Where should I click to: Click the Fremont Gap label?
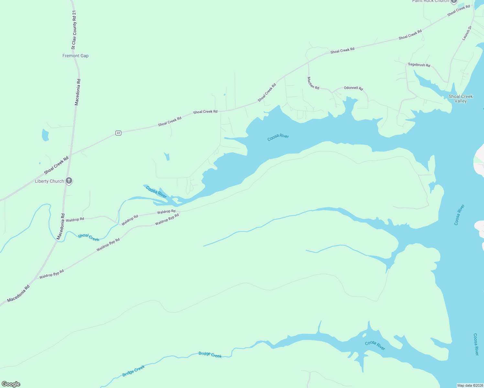coord(75,56)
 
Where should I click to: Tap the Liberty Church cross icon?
coord(69,181)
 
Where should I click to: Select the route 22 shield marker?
coord(118,133)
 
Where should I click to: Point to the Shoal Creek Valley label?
coord(460,99)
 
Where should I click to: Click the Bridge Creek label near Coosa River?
coord(210,355)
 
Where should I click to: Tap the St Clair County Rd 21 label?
coord(74,30)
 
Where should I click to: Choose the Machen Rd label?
coord(313,83)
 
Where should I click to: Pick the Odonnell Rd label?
coord(353,88)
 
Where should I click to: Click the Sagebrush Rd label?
coord(419,65)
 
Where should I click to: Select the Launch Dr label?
coord(467,33)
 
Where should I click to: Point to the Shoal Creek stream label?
coord(89,238)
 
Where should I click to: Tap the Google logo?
coord(11,384)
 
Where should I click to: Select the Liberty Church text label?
coord(49,181)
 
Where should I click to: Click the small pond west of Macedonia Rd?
coord(45,135)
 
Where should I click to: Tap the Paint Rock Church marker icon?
coord(454,1)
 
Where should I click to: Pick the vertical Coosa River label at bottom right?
coord(476,344)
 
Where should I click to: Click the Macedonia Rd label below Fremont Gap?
coord(78,92)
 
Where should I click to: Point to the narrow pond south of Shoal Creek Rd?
coord(167,156)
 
